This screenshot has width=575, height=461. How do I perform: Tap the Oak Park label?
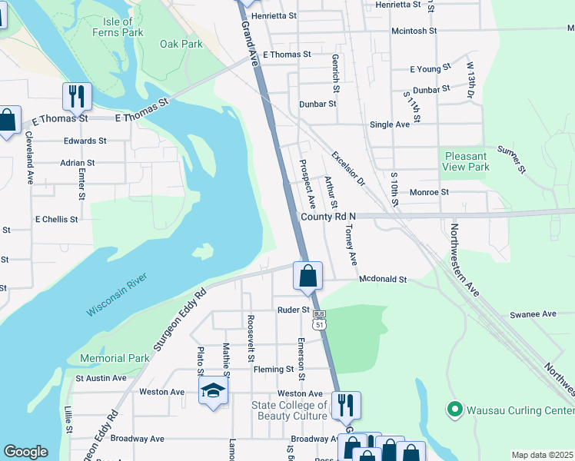pos(181,44)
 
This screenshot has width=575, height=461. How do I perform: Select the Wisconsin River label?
pos(116,298)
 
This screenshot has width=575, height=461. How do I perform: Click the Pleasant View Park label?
pos(467,161)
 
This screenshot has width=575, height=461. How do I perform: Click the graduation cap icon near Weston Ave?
pos(213,391)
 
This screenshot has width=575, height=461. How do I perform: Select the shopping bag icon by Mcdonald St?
pos(307,276)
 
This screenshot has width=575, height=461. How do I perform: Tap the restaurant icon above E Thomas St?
pos(77,96)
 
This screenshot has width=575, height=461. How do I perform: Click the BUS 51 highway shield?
pos(320,320)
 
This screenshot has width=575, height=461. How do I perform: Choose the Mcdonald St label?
pos(382,280)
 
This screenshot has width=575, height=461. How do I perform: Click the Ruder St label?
pos(294,310)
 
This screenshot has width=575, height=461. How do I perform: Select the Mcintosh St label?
pos(414,31)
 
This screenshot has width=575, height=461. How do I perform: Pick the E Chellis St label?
pos(56,219)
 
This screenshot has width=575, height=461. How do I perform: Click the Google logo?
pos(25,452)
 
